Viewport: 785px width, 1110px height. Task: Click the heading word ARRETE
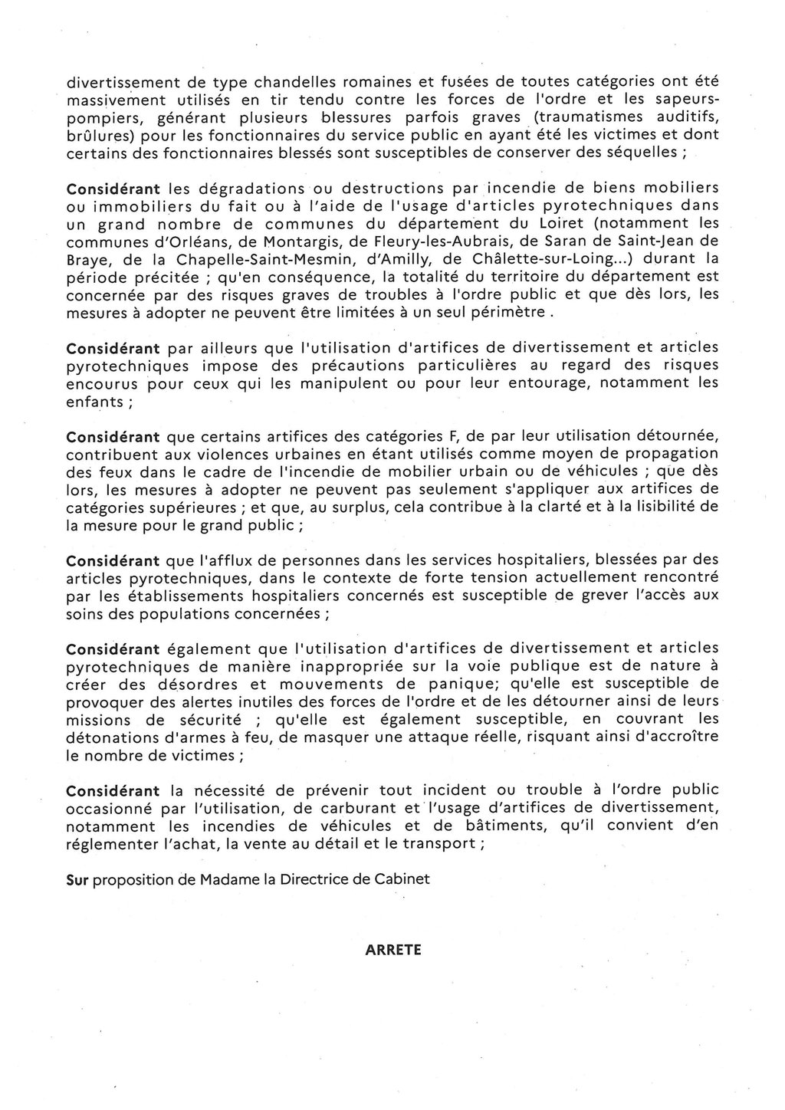click(393, 949)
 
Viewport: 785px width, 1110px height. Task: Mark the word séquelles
click(633, 153)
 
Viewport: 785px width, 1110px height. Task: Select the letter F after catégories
click(452, 436)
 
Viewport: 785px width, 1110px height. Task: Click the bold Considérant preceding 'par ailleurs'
click(113, 347)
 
